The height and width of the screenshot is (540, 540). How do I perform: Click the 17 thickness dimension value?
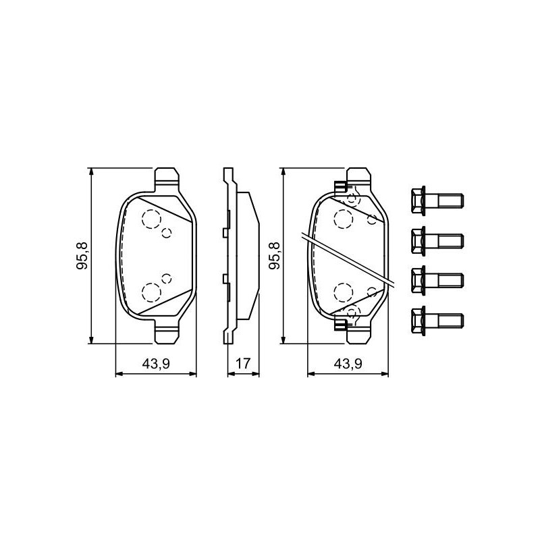(243, 364)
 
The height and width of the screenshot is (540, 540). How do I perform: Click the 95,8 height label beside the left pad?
(82, 256)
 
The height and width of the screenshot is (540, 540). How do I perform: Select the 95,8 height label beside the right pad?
(275, 256)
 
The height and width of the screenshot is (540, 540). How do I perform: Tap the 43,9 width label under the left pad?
(156, 364)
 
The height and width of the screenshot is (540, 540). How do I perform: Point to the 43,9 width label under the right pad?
(348, 364)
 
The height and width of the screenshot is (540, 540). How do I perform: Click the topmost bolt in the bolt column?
(437, 200)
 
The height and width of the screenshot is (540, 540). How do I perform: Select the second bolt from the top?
(437, 240)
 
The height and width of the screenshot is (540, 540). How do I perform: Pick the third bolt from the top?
(437, 280)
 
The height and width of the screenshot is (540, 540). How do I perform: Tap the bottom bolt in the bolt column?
(437, 321)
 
